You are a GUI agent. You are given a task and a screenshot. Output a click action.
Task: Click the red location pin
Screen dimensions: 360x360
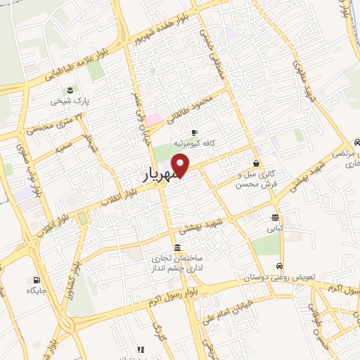tap(181, 165)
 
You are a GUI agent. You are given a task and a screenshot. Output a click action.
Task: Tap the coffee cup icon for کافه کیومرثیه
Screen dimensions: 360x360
tap(194, 132)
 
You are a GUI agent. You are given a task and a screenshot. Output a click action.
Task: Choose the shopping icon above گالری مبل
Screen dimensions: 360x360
tap(256, 163)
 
